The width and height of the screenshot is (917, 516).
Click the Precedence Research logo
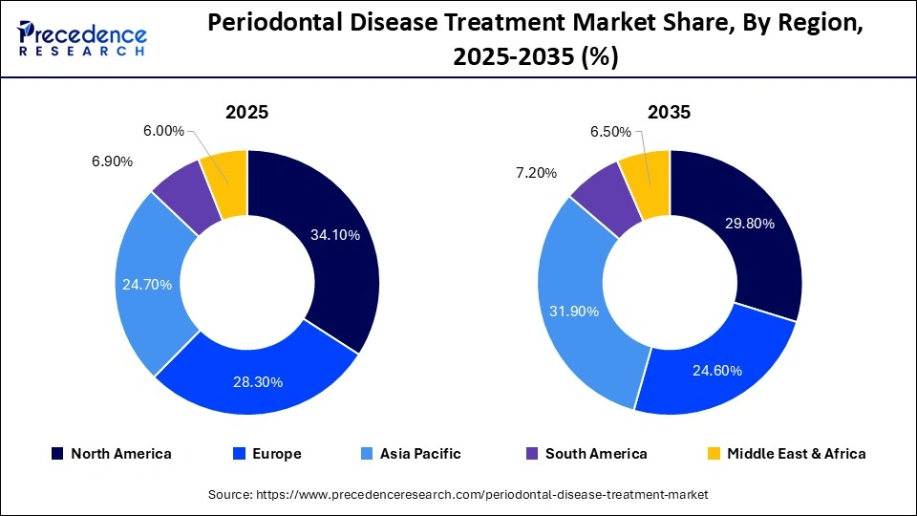click(x=82, y=38)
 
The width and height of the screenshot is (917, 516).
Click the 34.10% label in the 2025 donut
click(x=334, y=235)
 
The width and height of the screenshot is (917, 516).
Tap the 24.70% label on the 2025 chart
click(x=147, y=284)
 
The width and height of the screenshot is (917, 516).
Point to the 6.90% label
click(x=112, y=161)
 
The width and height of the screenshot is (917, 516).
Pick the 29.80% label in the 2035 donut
click(x=749, y=224)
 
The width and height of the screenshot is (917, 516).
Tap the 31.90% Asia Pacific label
click(x=575, y=311)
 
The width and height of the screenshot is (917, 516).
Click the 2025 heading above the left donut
click(x=246, y=112)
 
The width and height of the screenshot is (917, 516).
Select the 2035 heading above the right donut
click(x=669, y=112)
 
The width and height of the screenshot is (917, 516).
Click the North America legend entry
click(x=111, y=454)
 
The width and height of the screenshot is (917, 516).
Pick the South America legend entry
click(x=586, y=454)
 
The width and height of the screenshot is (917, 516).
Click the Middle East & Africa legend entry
click(x=785, y=454)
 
